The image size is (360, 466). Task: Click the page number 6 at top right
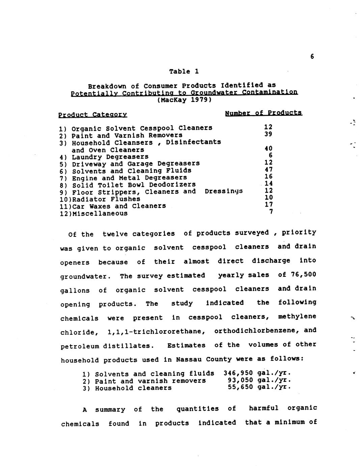312,57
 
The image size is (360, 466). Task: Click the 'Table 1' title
184,71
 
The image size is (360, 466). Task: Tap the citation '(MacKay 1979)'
184,100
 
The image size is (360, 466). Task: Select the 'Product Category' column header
92,115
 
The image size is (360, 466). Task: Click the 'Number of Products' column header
264,113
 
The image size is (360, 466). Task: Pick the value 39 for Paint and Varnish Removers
268,134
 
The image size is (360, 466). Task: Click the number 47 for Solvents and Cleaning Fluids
269,170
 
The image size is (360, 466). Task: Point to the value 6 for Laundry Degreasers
270,155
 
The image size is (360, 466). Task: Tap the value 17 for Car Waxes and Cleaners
269,204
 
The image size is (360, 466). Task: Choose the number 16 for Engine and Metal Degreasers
269,176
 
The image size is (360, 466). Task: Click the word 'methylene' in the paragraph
297,316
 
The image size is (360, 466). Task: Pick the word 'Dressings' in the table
223,191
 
